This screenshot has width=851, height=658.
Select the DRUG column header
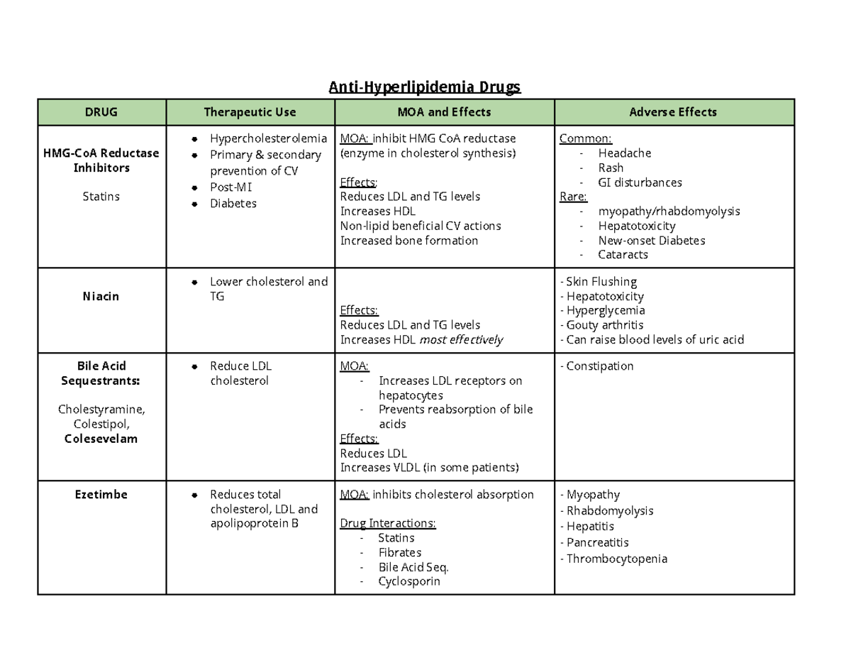tap(101, 112)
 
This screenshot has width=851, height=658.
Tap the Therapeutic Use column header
tap(250, 112)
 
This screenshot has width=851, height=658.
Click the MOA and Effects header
tap(444, 112)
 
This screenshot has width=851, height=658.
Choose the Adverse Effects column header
tap(673, 112)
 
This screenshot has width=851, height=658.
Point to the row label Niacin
tap(101, 296)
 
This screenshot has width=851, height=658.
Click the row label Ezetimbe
tap(101, 494)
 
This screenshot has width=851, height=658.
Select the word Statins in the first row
tap(101, 196)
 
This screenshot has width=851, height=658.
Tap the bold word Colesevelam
tap(101, 439)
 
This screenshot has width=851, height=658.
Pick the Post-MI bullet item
tap(230, 187)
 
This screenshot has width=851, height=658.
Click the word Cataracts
tap(623, 254)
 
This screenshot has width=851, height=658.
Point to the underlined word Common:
tap(585, 138)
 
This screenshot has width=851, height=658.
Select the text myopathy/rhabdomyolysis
tap(669, 211)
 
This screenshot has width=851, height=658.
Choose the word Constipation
tap(599, 366)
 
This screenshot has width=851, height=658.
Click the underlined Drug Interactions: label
tap(388, 524)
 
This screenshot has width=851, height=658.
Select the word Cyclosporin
tap(408, 581)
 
